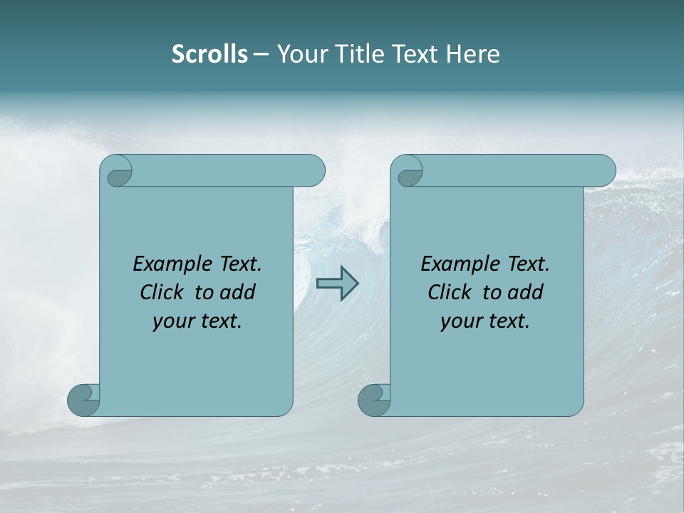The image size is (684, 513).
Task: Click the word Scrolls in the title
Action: click(209, 54)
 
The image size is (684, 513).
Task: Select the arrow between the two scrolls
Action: click(337, 284)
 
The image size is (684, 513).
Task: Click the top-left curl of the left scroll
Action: click(118, 174)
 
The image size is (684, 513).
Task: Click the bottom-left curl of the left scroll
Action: click(83, 400)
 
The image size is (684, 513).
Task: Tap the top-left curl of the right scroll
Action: click(409, 174)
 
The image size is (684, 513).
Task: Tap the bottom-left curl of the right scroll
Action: click(373, 400)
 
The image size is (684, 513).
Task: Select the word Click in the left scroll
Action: click(162, 292)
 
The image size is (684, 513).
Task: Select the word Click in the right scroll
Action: click(450, 292)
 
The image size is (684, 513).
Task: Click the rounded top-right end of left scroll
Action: click(313, 171)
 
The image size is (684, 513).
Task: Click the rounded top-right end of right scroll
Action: click(604, 171)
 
